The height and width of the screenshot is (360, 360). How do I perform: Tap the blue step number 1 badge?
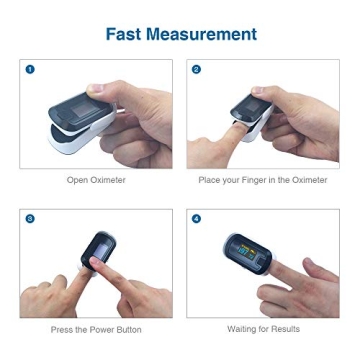[30, 69]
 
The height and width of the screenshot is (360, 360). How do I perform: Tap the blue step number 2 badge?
[196, 69]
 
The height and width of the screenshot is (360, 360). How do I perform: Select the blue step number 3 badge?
[30, 218]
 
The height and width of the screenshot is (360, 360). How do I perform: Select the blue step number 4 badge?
[196, 218]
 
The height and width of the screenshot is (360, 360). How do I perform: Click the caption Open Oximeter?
[96, 180]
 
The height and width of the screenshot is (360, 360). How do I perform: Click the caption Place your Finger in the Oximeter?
[262, 180]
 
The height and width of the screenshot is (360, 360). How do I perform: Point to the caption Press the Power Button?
[96, 329]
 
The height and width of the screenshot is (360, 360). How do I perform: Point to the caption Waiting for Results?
[263, 328]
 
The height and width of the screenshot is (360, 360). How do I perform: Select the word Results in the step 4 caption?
[285, 328]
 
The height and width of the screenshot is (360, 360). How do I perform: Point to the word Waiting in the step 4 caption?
[243, 328]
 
